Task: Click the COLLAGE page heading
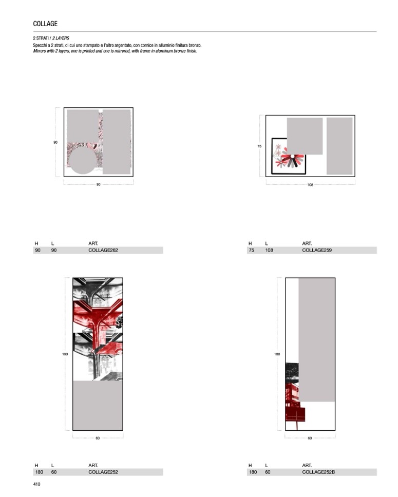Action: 45,24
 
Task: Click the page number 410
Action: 37,484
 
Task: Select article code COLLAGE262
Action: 103,250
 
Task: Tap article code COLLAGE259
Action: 317,250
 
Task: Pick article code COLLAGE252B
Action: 318,472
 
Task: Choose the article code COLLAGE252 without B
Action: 103,472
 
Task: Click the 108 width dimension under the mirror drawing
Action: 310,184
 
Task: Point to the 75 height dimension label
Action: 259,146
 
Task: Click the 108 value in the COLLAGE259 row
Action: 269,250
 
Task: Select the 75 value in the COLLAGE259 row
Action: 252,250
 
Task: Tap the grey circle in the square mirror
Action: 83,161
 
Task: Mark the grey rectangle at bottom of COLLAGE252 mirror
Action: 98,406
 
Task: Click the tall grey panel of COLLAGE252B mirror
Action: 317,340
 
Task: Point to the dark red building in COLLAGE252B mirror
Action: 294,403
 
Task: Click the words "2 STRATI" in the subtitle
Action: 41,38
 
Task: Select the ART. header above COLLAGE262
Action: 93,243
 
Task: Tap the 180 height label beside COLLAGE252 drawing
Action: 65,354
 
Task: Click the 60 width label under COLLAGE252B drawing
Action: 310,438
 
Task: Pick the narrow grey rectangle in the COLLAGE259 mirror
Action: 339,146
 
